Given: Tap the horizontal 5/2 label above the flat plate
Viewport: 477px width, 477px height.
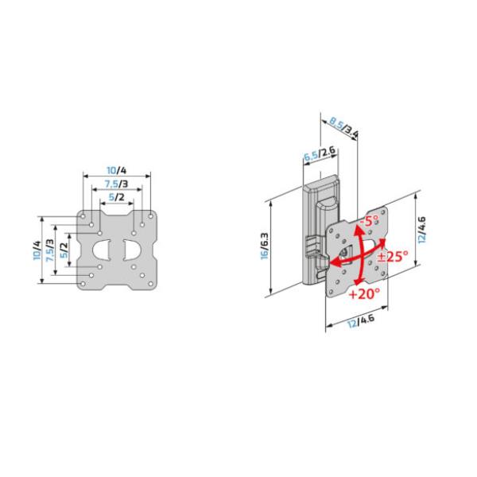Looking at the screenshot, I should (117, 198).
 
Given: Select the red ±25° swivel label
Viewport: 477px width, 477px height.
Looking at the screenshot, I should (392, 256).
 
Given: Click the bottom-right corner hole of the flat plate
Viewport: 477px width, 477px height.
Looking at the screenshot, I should (152, 285).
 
